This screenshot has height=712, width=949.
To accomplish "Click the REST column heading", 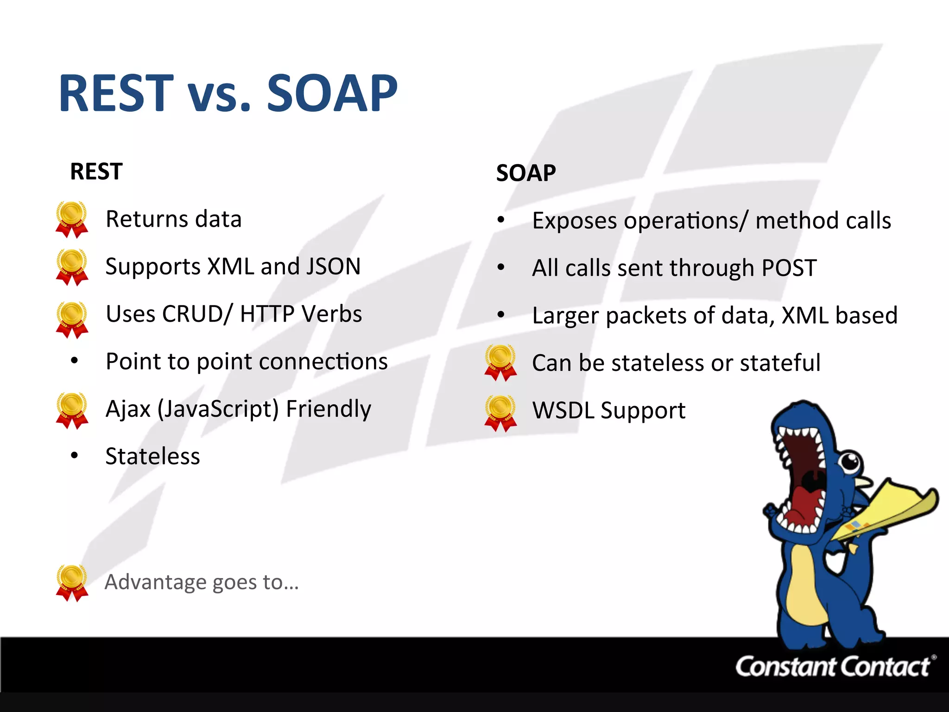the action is coord(96,172).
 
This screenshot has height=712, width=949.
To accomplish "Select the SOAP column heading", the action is coord(526,173).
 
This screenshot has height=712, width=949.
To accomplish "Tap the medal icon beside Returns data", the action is coord(72,219).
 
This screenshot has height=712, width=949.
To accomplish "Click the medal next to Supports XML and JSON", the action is coord(72,267).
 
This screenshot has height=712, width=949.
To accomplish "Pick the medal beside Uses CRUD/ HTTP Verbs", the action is coord(72,319).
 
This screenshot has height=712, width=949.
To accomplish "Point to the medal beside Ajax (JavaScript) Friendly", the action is coord(72,410).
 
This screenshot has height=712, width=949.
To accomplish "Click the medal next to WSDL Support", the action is coord(500,413).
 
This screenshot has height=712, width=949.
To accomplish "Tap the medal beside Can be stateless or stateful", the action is coord(500,362).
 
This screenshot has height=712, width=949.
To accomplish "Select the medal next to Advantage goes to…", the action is coord(72,583).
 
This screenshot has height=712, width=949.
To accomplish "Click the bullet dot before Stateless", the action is coord(75,456).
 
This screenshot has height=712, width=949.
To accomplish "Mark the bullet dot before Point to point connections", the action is coord(75,361).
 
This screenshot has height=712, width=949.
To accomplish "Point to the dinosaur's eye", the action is coord(850,461).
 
